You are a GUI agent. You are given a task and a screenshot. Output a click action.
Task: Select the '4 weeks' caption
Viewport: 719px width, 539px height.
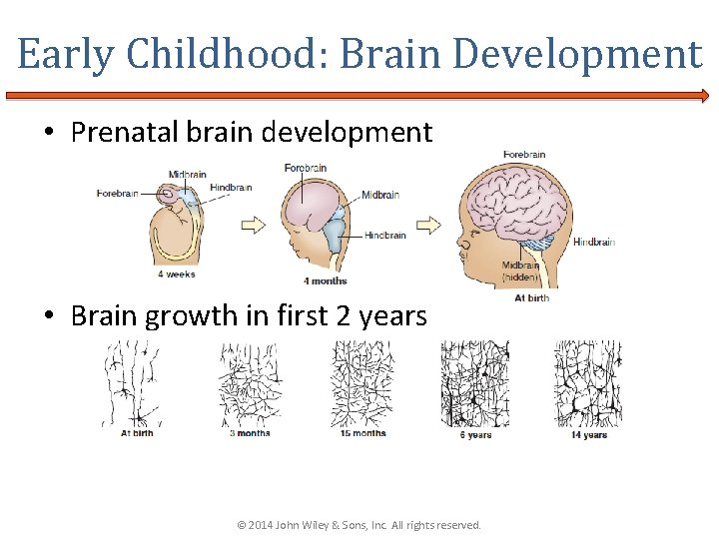176,273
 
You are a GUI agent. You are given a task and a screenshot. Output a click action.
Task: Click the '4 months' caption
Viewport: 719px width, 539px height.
327,280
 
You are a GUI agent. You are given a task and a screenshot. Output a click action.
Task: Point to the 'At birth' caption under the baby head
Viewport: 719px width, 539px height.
531,297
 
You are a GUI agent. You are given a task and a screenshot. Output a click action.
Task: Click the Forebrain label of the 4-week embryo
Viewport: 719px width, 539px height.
117,194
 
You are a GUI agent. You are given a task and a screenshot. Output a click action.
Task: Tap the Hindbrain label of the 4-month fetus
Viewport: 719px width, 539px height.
384,236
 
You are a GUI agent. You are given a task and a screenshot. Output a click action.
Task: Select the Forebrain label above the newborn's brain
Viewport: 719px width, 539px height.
524,155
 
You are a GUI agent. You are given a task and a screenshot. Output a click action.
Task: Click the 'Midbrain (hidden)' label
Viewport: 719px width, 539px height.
522,270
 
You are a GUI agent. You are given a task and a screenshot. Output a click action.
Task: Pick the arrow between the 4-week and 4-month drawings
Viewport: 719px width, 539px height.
254,225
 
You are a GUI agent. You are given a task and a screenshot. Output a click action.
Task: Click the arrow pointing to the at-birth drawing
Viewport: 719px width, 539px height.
428,225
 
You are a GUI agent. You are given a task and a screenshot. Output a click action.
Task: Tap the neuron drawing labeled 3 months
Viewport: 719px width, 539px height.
250,384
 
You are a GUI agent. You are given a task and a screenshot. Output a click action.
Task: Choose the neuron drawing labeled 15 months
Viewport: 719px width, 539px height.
361,384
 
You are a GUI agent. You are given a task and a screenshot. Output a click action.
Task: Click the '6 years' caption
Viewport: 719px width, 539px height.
475,435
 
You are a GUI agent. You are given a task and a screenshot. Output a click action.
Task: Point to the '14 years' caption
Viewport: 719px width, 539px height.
589,435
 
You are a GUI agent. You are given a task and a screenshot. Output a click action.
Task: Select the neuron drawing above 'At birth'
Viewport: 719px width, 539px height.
136,384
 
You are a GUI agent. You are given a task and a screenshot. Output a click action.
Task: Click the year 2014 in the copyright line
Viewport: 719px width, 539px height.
258,525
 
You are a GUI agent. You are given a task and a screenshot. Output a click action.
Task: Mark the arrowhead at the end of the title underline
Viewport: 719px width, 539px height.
704,97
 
